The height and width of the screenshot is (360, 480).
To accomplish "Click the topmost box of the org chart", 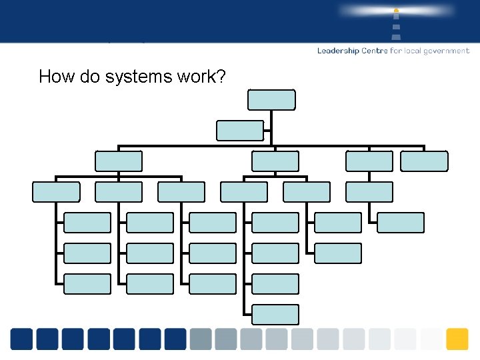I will (x=271, y=100).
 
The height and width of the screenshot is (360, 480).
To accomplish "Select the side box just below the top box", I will (x=240, y=131).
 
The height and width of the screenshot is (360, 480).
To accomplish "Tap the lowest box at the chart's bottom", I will (x=275, y=315).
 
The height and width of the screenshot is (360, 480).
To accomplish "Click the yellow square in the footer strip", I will (x=457, y=339).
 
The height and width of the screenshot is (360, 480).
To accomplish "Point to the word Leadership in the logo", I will (x=338, y=51).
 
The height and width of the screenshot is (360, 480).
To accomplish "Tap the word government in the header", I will (x=448, y=51).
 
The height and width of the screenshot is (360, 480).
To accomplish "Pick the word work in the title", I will (x=196, y=77).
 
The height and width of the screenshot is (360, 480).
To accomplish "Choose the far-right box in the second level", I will (x=424, y=161).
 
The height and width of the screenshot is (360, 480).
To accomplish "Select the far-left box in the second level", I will (x=119, y=161).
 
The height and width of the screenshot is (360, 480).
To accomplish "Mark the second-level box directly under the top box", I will (x=275, y=161).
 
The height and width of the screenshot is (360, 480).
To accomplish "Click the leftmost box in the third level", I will (x=56, y=192).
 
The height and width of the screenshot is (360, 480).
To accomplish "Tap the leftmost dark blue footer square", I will (x=21, y=339).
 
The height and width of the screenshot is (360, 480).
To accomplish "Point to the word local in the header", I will (x=417, y=51).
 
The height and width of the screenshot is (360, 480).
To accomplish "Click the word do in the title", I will (x=89, y=77).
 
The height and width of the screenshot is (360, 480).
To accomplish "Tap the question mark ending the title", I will (x=221, y=77).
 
